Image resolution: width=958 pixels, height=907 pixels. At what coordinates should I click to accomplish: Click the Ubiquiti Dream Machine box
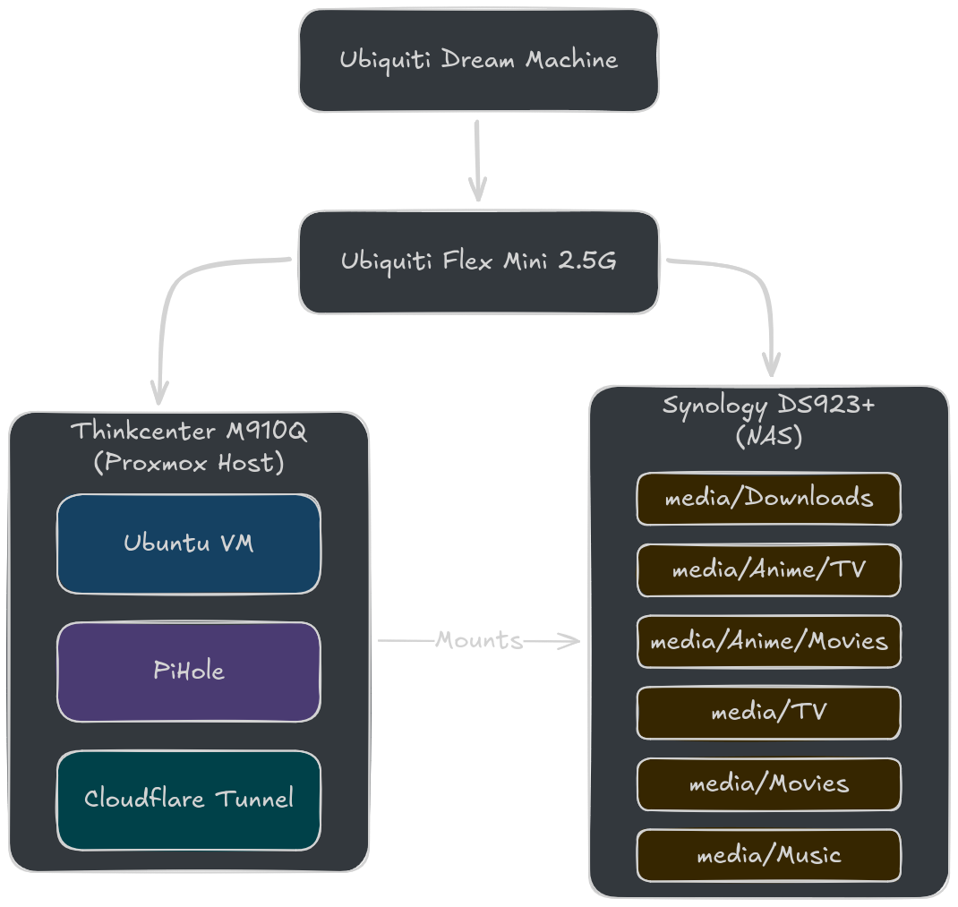tap(478, 60)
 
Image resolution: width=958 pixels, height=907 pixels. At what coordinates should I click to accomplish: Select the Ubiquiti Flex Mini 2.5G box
tap(478, 261)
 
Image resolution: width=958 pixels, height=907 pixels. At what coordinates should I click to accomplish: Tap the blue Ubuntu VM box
tap(188, 543)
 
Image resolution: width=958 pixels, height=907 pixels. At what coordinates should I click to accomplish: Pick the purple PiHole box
tap(188, 672)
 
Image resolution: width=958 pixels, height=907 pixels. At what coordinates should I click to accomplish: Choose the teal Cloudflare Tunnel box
tap(188, 799)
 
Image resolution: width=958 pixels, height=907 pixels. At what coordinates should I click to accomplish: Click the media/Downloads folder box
tap(768, 498)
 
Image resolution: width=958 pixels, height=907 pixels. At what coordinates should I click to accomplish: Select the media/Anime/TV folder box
tap(768, 569)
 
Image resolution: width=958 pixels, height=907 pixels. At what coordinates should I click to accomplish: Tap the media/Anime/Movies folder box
tap(768, 641)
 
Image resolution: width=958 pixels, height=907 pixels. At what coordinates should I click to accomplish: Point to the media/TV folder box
tap(768, 713)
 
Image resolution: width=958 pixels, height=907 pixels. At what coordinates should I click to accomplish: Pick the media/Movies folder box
tap(768, 784)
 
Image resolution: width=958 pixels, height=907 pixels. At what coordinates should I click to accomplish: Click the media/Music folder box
tap(768, 855)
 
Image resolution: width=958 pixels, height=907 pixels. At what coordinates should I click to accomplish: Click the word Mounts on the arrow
tap(478, 640)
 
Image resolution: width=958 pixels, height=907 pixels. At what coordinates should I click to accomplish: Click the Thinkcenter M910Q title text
tap(188, 432)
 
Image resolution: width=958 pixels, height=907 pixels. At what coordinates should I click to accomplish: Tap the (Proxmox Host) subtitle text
tap(188, 463)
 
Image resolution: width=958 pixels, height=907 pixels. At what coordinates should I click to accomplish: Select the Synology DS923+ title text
tap(768, 406)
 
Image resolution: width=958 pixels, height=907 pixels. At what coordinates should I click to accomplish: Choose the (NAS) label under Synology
tap(768, 437)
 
